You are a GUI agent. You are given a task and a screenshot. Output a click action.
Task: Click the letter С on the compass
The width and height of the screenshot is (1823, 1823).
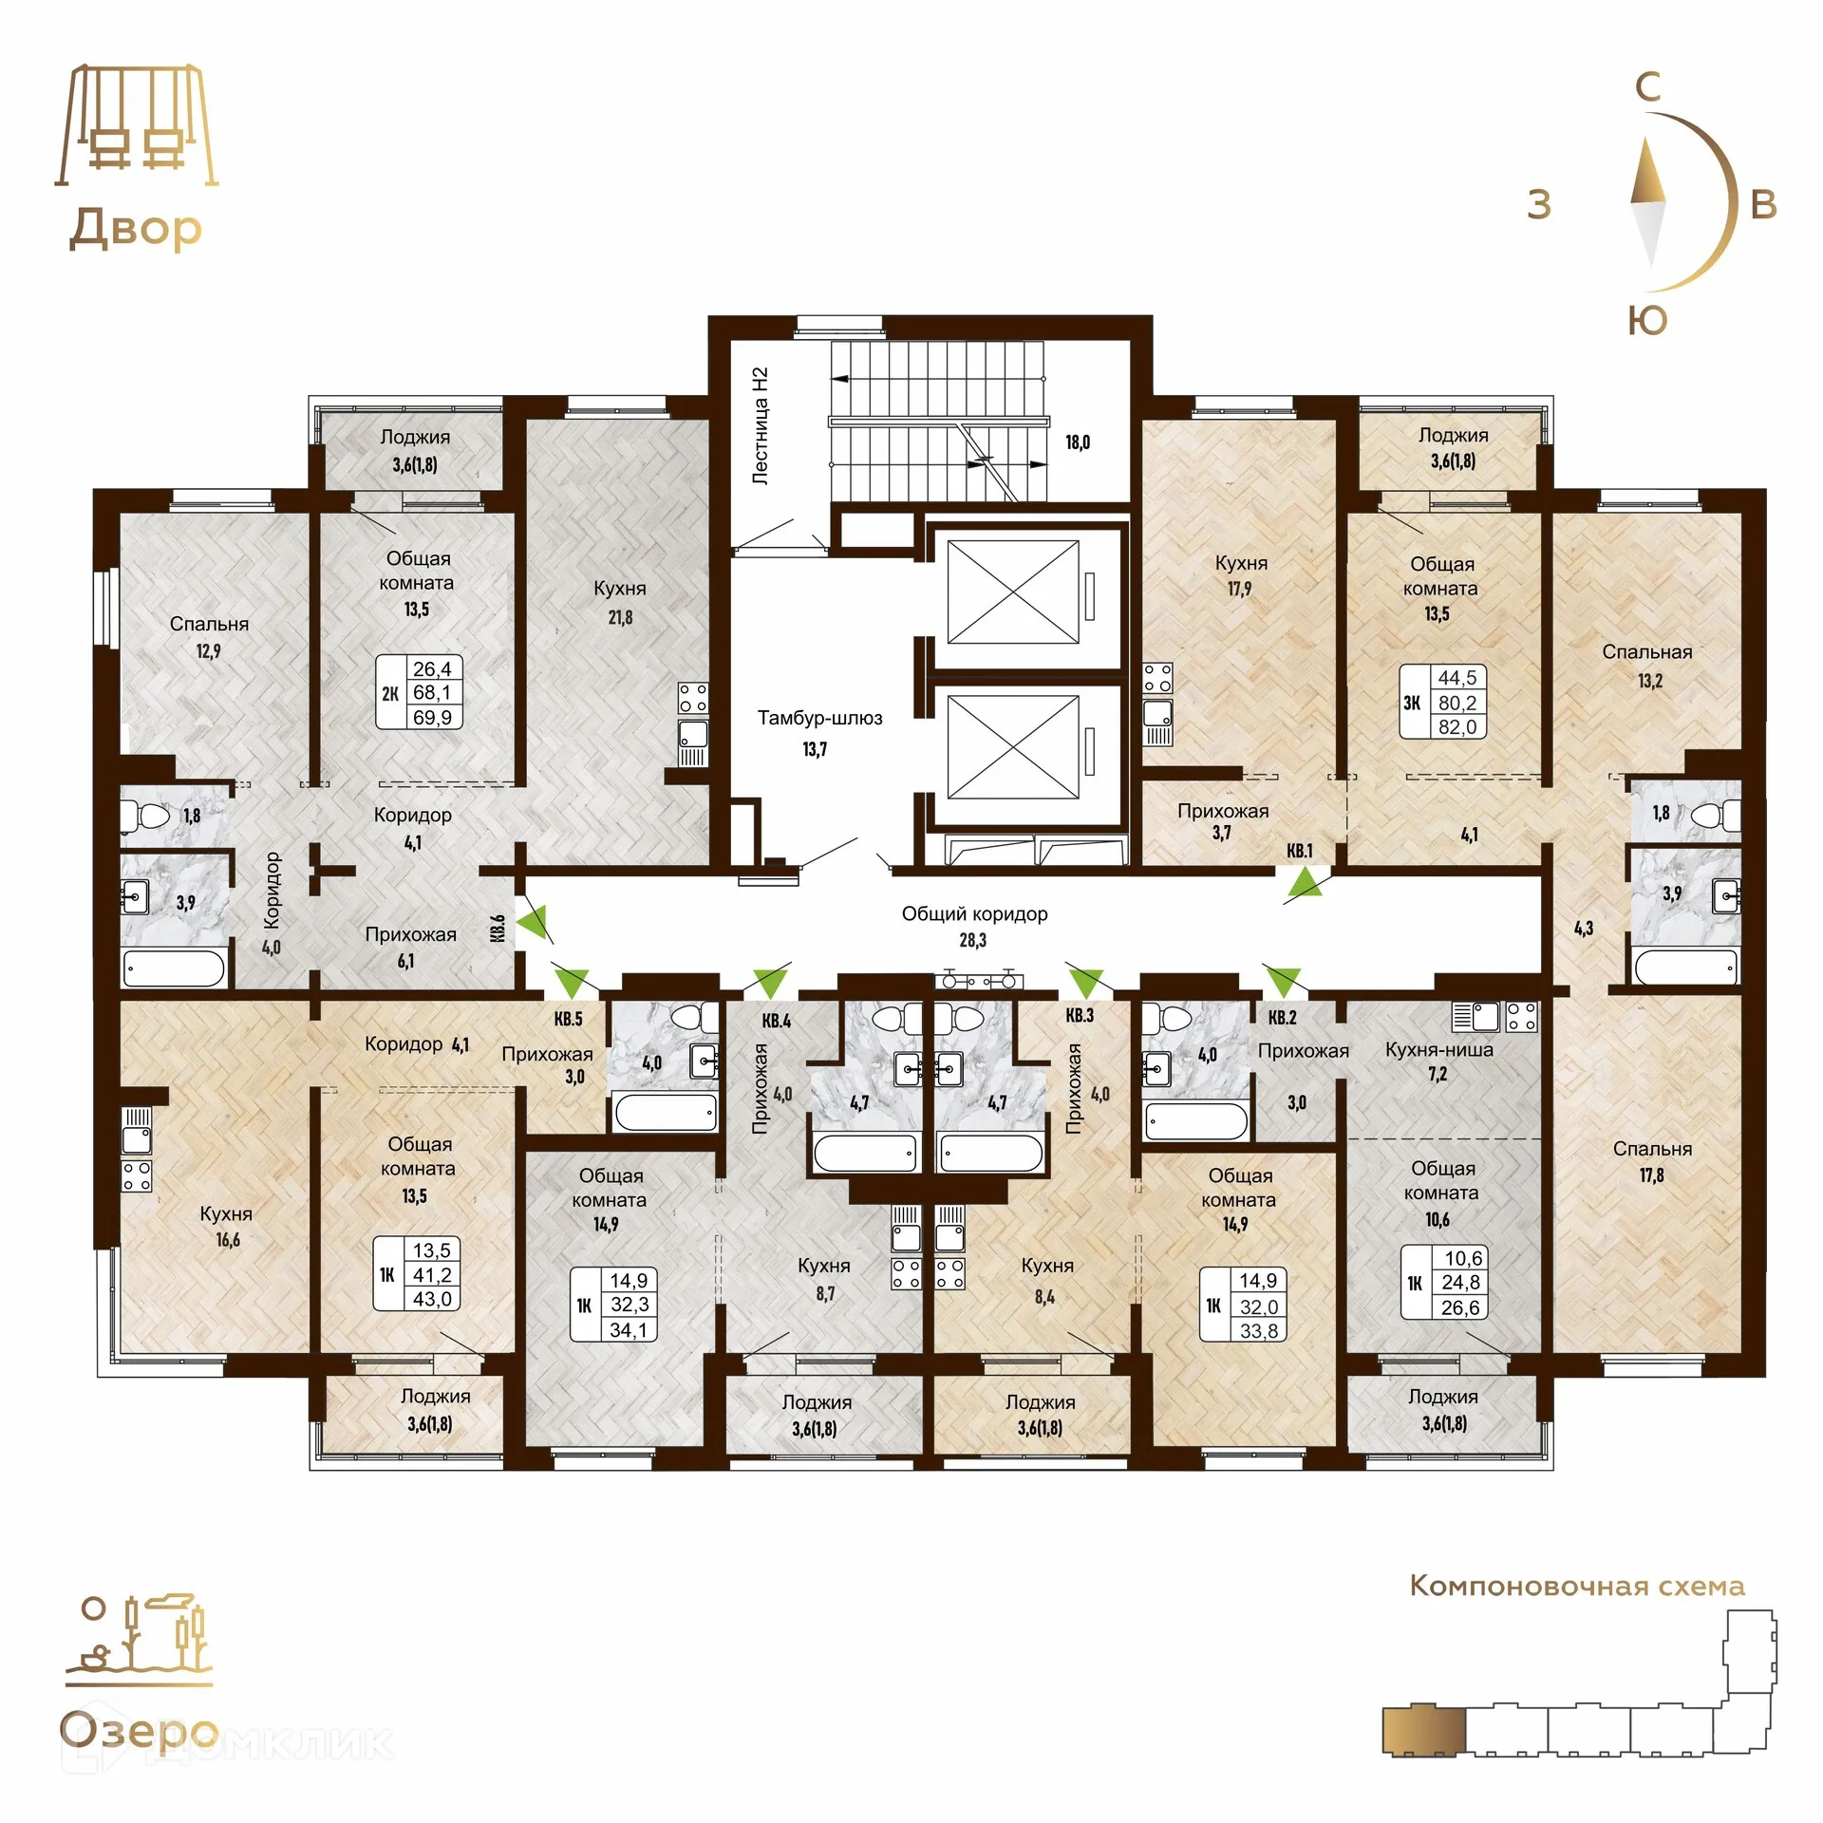click(1648, 87)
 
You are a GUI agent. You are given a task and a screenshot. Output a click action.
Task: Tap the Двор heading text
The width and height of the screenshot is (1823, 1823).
click(136, 230)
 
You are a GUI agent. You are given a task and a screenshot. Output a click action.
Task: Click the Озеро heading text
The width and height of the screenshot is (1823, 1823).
click(140, 1730)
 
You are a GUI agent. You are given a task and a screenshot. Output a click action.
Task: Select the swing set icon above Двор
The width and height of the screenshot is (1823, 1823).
click(137, 125)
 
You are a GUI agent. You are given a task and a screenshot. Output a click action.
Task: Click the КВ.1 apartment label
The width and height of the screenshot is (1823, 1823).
click(1299, 851)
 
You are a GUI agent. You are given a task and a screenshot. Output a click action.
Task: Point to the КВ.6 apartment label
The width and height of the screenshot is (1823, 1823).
click(498, 928)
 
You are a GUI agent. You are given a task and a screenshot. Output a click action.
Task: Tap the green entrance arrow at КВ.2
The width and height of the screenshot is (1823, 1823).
click(1283, 980)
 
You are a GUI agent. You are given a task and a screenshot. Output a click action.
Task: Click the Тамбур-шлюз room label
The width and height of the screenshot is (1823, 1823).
click(819, 718)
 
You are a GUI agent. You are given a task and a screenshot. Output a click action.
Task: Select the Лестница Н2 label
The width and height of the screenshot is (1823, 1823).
click(760, 426)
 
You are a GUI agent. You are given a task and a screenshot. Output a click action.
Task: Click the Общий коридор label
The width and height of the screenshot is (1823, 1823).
click(974, 913)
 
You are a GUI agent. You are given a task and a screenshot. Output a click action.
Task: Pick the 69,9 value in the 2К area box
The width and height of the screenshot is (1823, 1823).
click(432, 717)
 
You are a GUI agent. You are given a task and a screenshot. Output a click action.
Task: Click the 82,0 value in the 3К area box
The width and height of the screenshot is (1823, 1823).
click(1457, 726)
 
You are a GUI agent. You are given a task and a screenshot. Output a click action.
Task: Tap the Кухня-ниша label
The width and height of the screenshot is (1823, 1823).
click(1438, 1049)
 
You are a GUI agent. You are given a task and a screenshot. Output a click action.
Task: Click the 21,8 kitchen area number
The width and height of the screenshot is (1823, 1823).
click(620, 617)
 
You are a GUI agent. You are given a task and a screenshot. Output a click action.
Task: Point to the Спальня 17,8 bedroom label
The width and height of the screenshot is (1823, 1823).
click(1652, 1161)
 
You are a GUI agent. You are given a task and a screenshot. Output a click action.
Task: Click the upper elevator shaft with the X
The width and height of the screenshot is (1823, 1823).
click(1013, 592)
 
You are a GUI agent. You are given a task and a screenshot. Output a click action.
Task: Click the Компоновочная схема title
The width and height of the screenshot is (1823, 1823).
click(1577, 1586)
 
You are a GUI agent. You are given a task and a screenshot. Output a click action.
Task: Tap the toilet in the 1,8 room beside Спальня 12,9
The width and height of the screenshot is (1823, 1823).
click(143, 816)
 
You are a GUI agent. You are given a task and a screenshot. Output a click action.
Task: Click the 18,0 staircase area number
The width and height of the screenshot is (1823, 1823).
click(1078, 442)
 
